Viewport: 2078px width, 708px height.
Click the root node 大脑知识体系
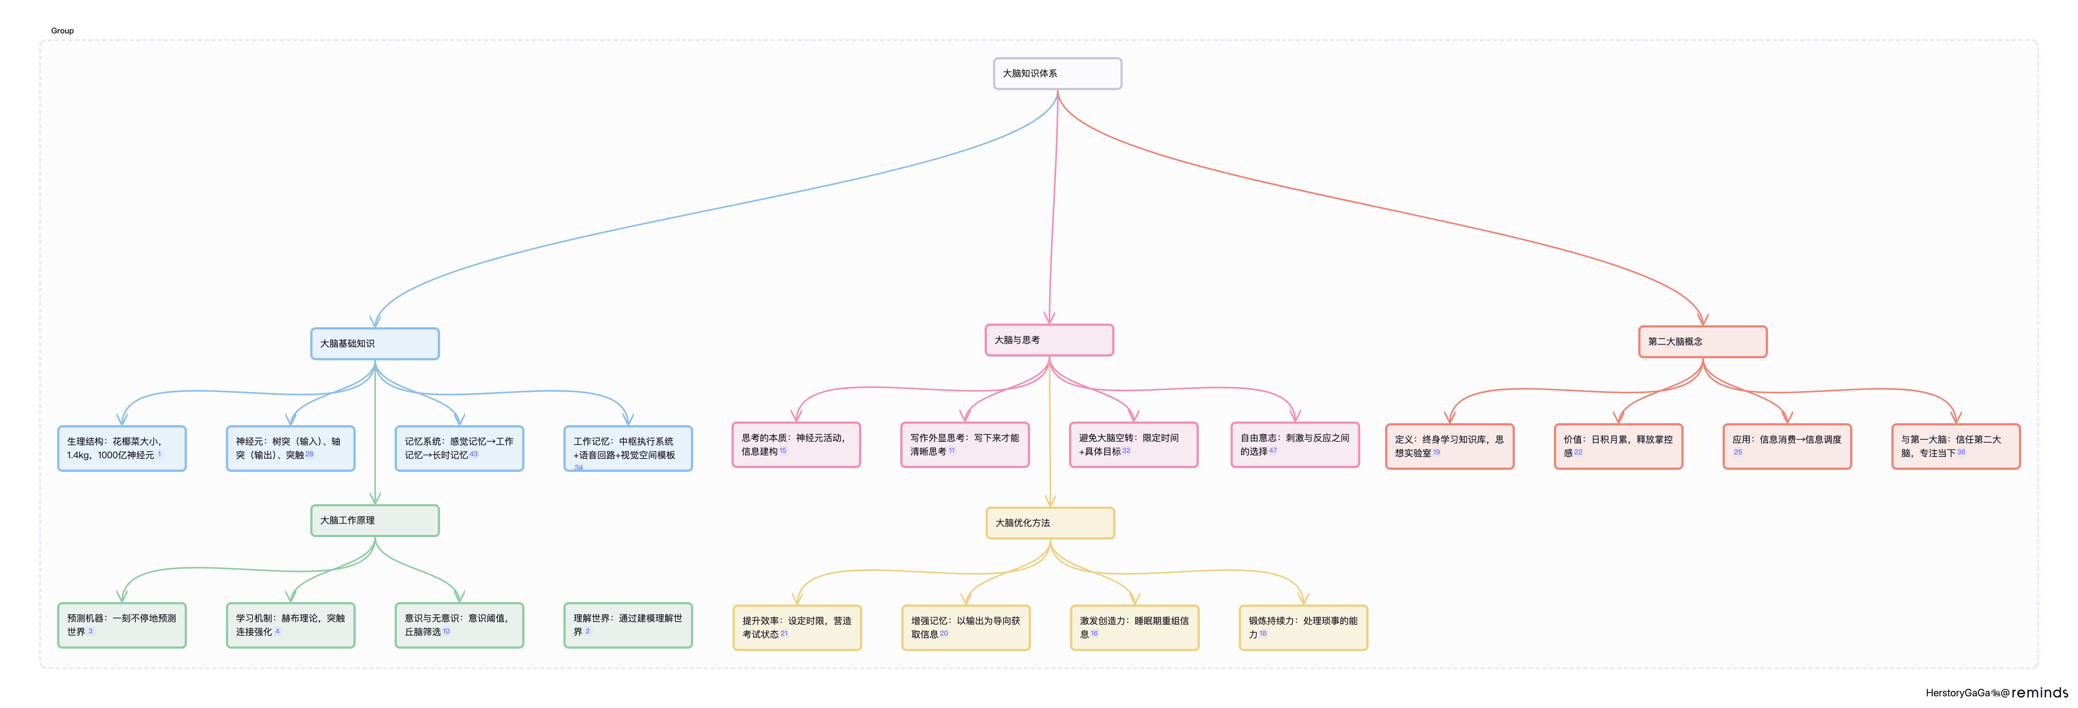pos(1057,73)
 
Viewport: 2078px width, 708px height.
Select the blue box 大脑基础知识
pos(375,343)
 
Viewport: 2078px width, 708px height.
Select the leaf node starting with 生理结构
pos(122,448)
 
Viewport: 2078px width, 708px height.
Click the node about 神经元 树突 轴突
pos(290,448)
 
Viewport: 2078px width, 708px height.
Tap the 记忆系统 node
pos(459,448)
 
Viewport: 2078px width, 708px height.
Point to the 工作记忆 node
pos(628,448)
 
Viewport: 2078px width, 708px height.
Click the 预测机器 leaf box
pos(122,625)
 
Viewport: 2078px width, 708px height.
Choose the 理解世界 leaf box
pos(628,625)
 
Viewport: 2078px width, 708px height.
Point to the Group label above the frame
pos(62,30)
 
